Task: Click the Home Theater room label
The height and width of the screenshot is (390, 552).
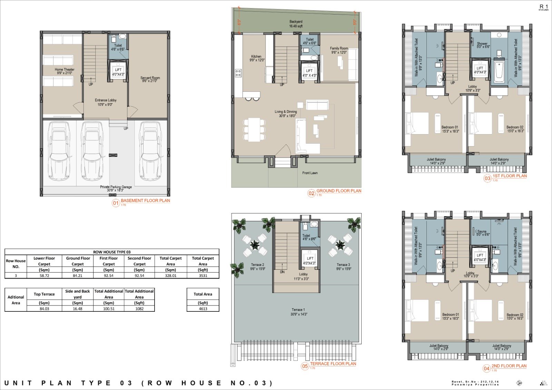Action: [65, 71]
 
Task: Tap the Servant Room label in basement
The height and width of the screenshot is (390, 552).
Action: [150, 79]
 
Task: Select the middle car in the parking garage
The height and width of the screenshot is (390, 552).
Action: [92, 151]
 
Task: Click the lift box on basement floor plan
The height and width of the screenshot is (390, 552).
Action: [118, 71]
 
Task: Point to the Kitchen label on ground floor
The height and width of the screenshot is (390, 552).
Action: [257, 58]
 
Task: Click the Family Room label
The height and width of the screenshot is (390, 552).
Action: [339, 50]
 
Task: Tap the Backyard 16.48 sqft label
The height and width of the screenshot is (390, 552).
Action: [296, 24]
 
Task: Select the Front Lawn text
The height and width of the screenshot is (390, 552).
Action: [310, 173]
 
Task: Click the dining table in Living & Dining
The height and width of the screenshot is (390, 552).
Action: [254, 129]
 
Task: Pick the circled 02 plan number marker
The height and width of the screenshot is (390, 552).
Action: [312, 193]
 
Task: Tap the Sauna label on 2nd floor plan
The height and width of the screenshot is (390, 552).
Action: [482, 233]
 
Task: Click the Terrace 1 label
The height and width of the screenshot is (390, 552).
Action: [299, 312]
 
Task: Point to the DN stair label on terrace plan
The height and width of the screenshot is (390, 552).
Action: [282, 272]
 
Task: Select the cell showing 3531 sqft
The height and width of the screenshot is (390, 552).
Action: [203, 276]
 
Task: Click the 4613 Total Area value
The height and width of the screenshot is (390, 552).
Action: [203, 309]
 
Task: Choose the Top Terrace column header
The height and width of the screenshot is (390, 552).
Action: [44, 294]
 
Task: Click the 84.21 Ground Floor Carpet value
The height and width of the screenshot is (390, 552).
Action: [78, 276]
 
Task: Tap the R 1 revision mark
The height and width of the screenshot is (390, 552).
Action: [544, 7]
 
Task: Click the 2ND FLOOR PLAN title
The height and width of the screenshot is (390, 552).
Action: [509, 366]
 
